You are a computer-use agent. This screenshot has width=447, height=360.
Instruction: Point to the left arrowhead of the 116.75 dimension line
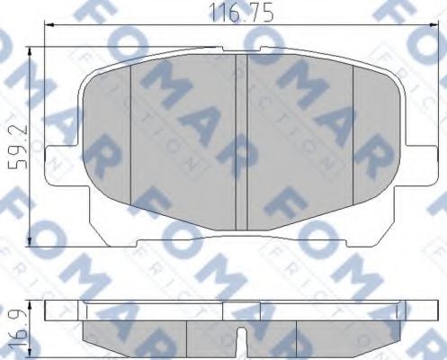(x=47, y=28)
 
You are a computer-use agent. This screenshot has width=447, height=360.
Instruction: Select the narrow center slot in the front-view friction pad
(x=241, y=139)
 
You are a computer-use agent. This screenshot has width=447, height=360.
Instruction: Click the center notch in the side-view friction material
(x=241, y=337)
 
